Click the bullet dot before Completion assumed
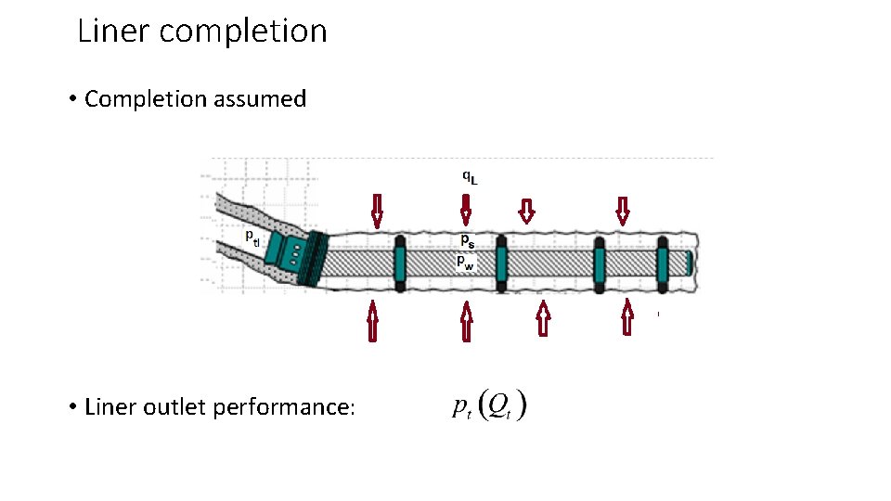pyautogui.click(x=72, y=100)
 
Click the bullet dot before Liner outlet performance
pyautogui.click(x=72, y=408)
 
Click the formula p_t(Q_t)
pyautogui.click(x=490, y=406)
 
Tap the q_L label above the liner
pyautogui.click(x=471, y=176)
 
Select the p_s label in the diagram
pyautogui.click(x=467, y=239)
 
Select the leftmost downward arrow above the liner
pyautogui.click(x=377, y=211)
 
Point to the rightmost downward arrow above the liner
pyautogui.click(x=623, y=211)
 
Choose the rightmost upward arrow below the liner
pyautogui.click(x=627, y=317)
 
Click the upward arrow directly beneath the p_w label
pyautogui.click(x=467, y=322)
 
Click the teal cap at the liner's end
pyautogui.click(x=689, y=262)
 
